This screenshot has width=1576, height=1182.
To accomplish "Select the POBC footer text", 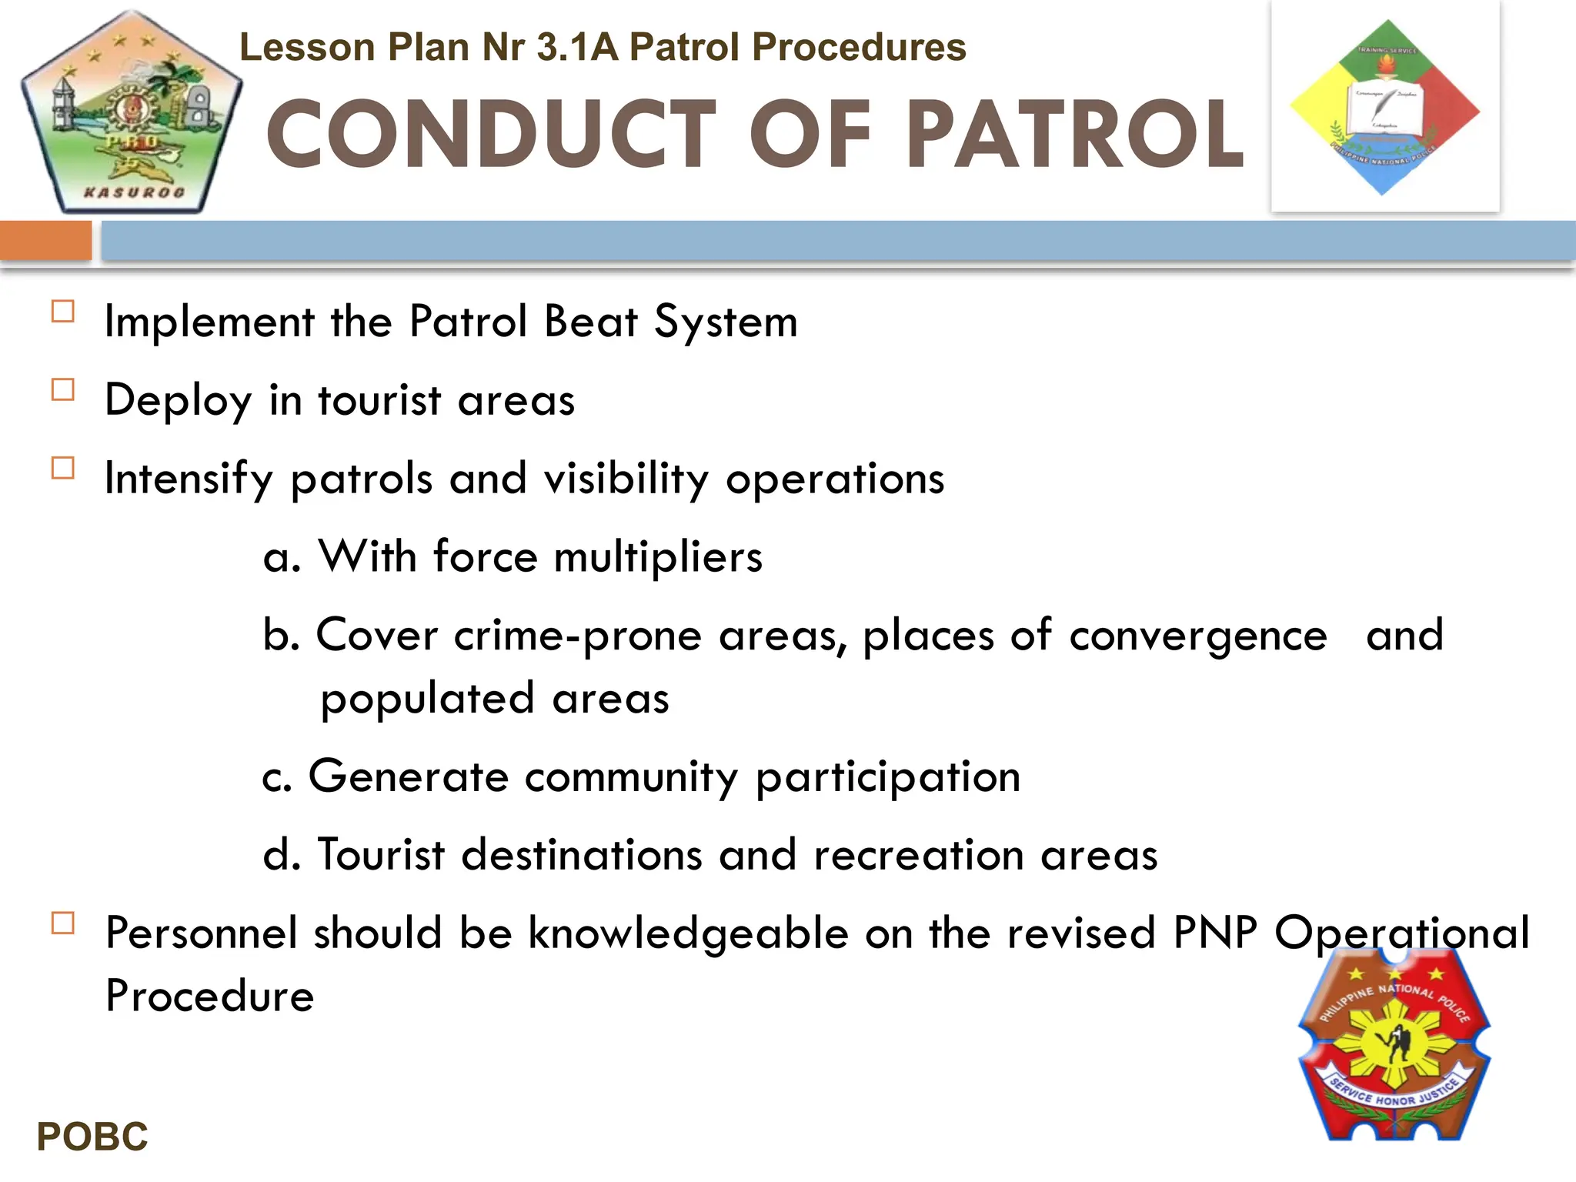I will pyautogui.click(x=92, y=1137).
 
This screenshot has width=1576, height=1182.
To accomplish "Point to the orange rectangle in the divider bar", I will pyautogui.click(x=45, y=241).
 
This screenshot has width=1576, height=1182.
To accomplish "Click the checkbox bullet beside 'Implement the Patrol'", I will pyautogui.click(x=63, y=312).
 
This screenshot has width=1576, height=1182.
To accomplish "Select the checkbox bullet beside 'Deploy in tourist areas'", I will pyautogui.click(x=63, y=390).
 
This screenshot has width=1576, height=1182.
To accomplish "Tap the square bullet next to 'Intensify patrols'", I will pyautogui.click(x=63, y=468).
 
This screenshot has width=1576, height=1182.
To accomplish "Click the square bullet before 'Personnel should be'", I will pyautogui.click(x=63, y=923).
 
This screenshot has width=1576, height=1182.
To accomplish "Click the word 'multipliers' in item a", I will pyautogui.click(x=658, y=556).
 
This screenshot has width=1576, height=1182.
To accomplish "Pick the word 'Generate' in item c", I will pyautogui.click(x=408, y=776).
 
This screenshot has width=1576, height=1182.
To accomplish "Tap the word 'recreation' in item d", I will pyautogui.click(x=918, y=855).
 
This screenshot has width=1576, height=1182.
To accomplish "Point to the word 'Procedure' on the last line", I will pyautogui.click(x=210, y=996).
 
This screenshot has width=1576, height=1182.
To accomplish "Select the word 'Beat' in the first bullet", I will pyautogui.click(x=591, y=321).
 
